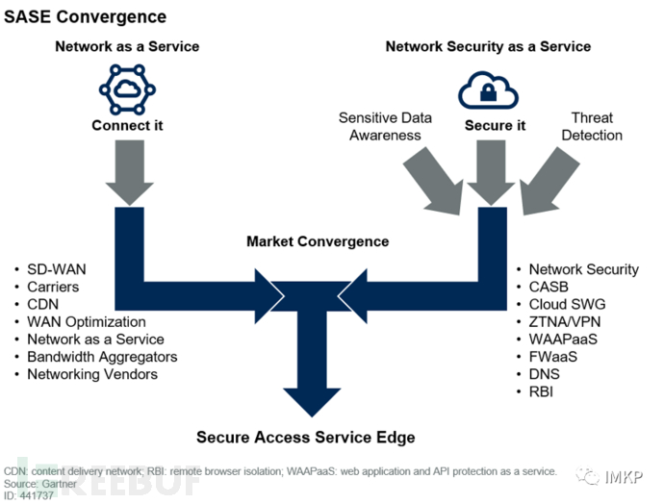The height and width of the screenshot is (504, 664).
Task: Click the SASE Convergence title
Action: (86, 17)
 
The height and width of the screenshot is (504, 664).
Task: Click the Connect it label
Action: (127, 126)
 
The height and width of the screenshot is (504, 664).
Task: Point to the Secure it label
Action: (495, 126)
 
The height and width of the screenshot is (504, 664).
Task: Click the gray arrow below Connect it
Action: (127, 170)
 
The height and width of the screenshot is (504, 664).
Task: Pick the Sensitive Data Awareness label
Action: (385, 126)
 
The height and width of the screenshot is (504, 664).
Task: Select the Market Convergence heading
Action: (318, 241)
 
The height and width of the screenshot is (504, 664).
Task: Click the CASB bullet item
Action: (550, 287)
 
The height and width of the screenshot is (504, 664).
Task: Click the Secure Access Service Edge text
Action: (306, 438)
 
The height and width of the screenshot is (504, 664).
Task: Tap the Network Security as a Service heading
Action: (488, 46)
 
